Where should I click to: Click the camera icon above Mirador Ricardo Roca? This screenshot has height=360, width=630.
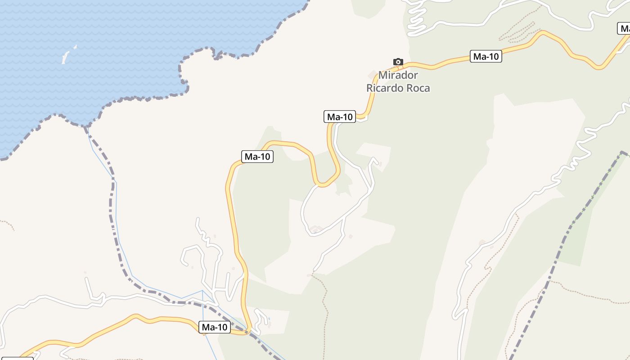tap(398, 62)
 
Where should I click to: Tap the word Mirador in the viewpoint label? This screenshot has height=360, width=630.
tap(398, 75)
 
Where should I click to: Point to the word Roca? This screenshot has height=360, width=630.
tap(418, 88)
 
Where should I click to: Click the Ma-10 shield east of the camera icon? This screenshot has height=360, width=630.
tap(486, 56)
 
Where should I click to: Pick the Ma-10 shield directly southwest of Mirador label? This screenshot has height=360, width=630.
tap(340, 117)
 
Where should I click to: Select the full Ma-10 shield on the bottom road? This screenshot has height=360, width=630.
tap(215, 327)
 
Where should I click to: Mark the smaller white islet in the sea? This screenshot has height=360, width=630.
tap(75, 46)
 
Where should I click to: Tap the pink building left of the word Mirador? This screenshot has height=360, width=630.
tap(373, 75)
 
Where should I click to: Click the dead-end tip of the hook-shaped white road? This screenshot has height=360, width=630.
tap(373, 158)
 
